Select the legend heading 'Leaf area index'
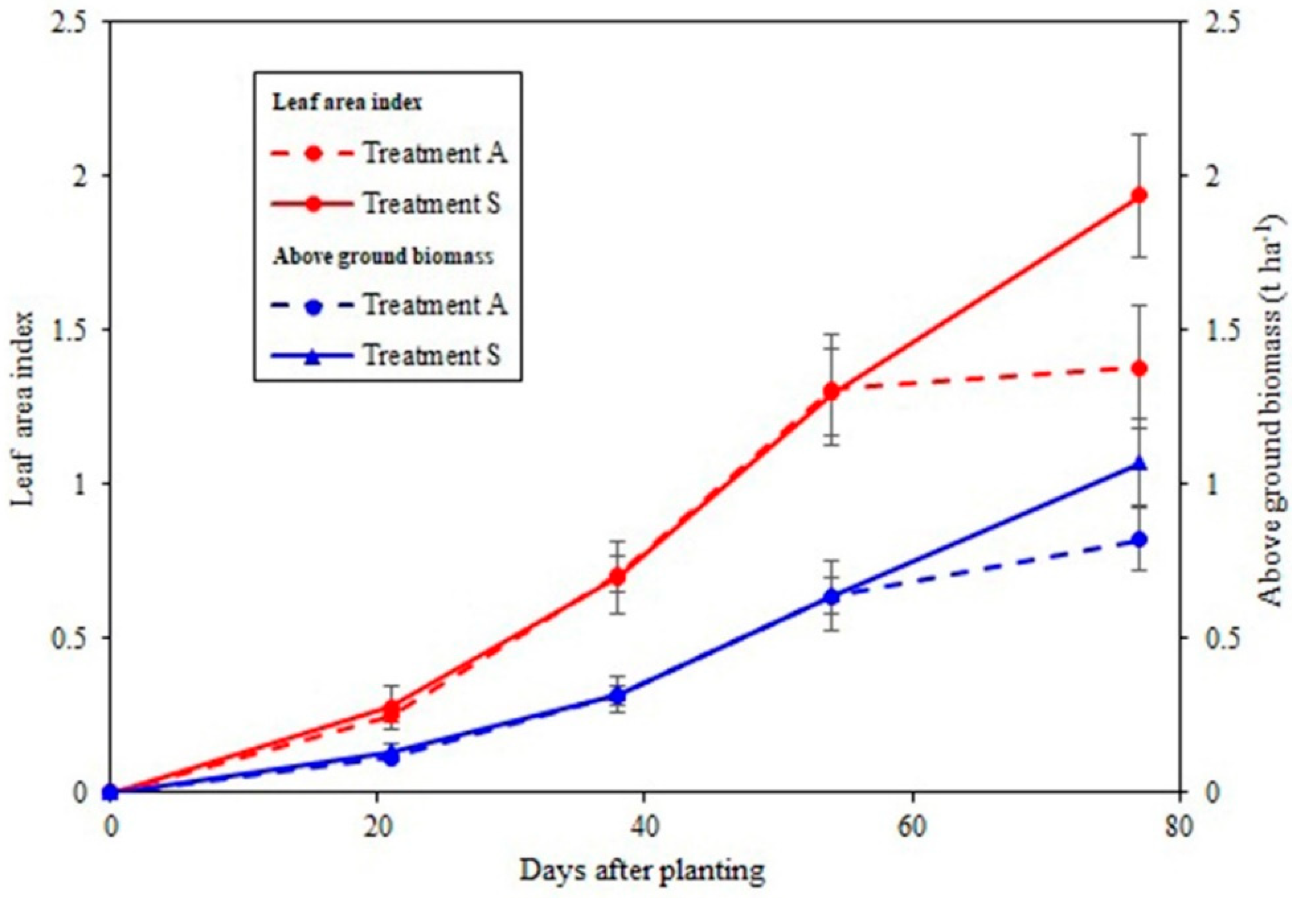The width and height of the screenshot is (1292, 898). click(x=347, y=103)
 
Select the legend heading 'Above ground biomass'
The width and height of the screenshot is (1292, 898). click(x=383, y=256)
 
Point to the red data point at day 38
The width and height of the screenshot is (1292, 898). click(x=618, y=577)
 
